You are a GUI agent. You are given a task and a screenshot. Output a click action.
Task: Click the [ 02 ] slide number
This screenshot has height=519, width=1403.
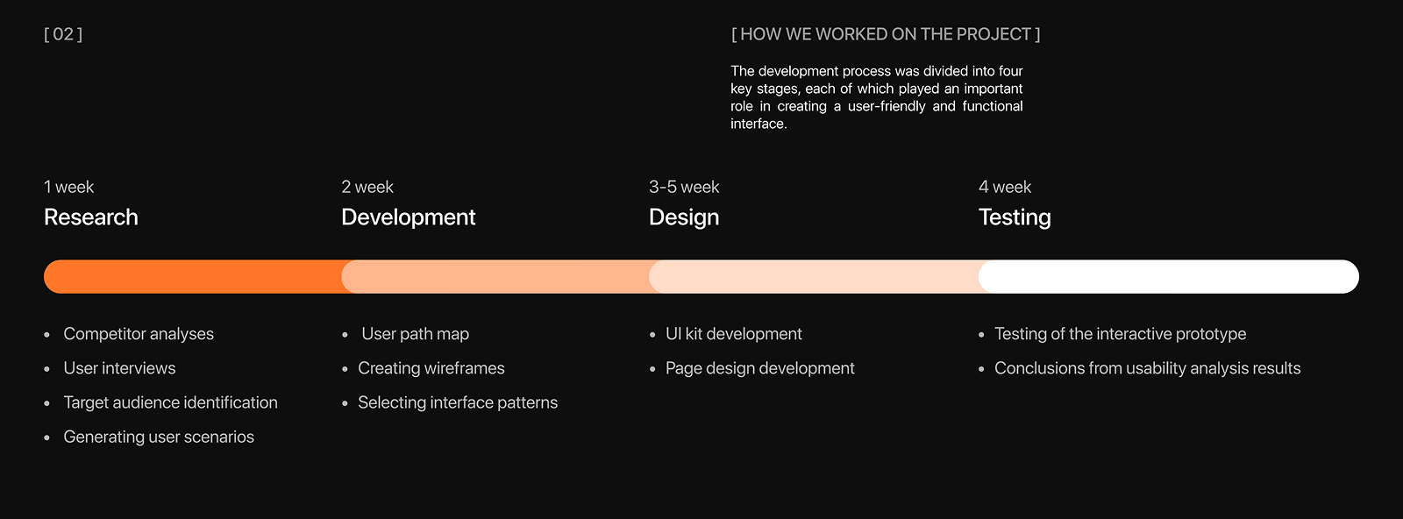63,34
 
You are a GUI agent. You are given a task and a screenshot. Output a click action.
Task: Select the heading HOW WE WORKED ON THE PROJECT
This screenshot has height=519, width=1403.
885,34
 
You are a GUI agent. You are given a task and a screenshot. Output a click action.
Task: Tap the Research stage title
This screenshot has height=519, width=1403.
91,217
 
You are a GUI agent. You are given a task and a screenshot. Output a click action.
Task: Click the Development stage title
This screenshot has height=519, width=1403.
409,217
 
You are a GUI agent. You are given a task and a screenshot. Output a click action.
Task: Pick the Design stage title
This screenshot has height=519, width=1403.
684,217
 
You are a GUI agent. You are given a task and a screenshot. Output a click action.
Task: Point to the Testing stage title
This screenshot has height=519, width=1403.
1015,217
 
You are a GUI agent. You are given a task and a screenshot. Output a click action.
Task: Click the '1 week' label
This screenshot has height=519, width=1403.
69,187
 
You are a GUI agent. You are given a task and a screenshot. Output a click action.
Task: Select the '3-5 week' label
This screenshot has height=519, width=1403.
684,187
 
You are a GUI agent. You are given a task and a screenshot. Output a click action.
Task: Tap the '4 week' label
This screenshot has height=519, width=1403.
1005,187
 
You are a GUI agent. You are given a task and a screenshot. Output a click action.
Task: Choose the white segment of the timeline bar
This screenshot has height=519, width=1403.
1169,277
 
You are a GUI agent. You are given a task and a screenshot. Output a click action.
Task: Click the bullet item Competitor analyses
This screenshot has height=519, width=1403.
139,334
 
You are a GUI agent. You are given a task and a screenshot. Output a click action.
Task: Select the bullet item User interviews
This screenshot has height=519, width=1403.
119,368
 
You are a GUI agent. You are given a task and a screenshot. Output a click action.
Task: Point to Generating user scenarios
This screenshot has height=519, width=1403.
159,437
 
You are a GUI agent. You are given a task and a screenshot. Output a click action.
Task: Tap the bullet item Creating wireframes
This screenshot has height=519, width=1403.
431,368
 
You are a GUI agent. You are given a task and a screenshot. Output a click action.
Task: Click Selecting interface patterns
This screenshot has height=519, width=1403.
457,402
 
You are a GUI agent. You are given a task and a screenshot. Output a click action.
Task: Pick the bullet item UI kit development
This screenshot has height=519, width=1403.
733,334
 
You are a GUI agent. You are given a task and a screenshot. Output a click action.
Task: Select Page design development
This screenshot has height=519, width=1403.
759,368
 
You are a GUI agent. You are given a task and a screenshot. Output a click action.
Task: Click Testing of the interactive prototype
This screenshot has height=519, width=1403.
1120,334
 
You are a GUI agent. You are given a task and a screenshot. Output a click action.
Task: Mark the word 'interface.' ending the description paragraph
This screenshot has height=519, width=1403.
758,124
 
